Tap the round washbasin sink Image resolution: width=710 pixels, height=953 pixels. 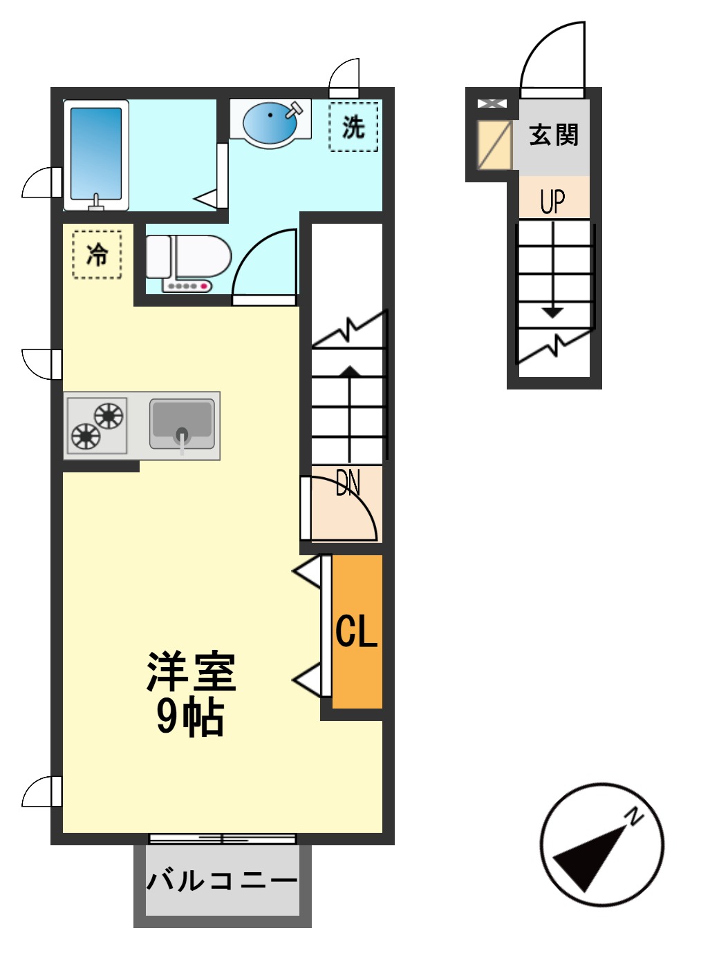[270, 122]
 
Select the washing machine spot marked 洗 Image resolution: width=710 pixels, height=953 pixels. [353, 127]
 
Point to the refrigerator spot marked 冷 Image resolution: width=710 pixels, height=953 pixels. [97, 255]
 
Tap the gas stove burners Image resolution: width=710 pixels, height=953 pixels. [96, 425]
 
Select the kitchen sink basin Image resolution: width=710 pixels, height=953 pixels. [181, 424]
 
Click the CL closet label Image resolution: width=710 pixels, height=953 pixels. [357, 631]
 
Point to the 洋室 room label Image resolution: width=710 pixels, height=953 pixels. [191, 671]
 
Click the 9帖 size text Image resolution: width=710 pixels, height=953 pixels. [190, 716]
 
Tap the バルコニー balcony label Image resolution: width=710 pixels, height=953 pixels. [222, 880]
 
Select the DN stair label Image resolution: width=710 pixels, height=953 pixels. [348, 483]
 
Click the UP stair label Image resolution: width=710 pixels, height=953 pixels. [552, 201]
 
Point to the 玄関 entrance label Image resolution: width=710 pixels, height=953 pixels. [553, 135]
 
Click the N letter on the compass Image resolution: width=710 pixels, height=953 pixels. [633, 816]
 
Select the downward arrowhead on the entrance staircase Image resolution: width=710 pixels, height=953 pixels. [552, 313]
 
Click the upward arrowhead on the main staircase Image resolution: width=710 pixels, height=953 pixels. [350, 371]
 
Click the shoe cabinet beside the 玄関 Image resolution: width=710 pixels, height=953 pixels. [494, 145]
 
